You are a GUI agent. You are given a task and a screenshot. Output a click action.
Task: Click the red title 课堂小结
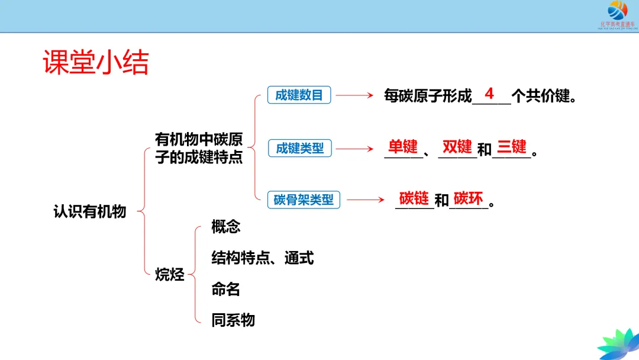pyautogui.click(x=96, y=62)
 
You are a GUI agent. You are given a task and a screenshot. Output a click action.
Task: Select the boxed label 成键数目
pyautogui.click(x=299, y=95)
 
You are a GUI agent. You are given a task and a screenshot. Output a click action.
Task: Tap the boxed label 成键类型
pyautogui.click(x=300, y=148)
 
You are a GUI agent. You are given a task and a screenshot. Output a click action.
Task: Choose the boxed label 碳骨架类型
pyautogui.click(x=304, y=200)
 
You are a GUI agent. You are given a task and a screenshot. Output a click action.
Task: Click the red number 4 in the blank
pyautogui.click(x=489, y=94)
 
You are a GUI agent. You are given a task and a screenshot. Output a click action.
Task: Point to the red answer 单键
pyautogui.click(x=403, y=146)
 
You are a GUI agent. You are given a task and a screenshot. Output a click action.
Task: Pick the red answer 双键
pyautogui.click(x=457, y=146)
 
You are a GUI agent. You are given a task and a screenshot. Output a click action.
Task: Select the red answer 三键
pyautogui.click(x=511, y=146)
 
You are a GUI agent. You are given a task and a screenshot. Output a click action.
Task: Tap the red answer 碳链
pyautogui.click(x=414, y=198)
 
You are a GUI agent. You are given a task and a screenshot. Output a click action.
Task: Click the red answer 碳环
pyautogui.click(x=468, y=198)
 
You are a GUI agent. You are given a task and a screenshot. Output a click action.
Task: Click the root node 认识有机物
pyautogui.click(x=90, y=211)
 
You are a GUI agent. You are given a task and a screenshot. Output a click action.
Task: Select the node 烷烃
pyautogui.click(x=170, y=274)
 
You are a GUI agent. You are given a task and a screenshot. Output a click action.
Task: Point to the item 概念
pyautogui.click(x=226, y=226)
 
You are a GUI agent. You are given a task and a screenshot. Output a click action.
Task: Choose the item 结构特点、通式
pyautogui.click(x=262, y=258)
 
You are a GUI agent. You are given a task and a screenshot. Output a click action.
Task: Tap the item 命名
pyautogui.click(x=226, y=289)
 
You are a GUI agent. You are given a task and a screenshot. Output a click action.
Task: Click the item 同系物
pyautogui.click(x=233, y=320)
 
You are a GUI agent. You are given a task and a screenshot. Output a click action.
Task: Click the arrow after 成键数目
pyautogui.click(x=354, y=95)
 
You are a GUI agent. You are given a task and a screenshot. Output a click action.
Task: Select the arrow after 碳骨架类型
pyautogui.click(x=365, y=200)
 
